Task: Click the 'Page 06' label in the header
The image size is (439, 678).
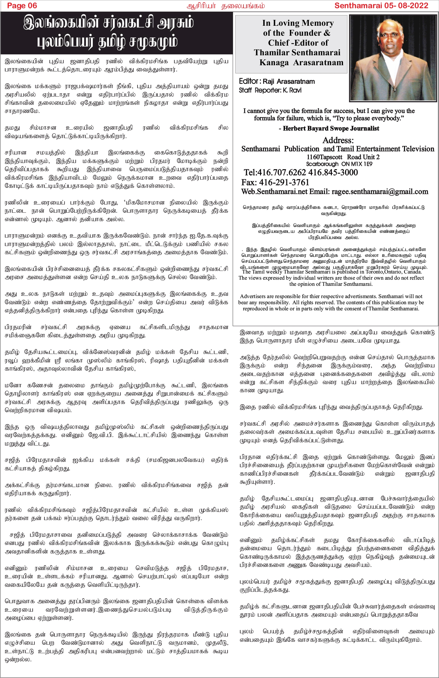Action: click(x=22, y=6)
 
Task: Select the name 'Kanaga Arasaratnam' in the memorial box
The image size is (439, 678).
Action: click(x=301, y=63)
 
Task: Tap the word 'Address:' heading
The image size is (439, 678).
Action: click(x=338, y=140)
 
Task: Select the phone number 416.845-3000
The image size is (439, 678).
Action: click(x=333, y=172)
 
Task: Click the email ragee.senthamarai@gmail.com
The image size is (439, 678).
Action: click(x=380, y=192)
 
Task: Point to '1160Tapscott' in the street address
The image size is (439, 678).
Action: click(x=324, y=157)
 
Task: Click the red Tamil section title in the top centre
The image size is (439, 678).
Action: click(x=226, y=6)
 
